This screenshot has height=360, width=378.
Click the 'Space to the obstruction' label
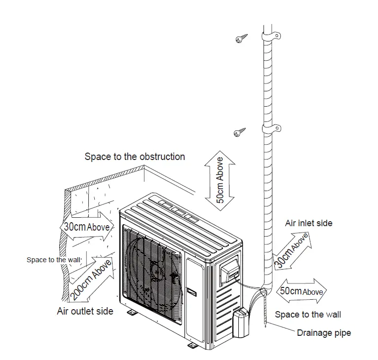pyautogui.click(x=135, y=157)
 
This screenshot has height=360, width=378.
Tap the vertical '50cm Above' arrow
pyautogui.click(x=220, y=180)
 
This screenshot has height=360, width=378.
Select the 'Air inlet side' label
pyautogui.click(x=308, y=223)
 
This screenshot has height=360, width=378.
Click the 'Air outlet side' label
pyautogui.click(x=85, y=311)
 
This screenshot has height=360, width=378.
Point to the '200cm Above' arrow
pyautogui.click(x=91, y=279)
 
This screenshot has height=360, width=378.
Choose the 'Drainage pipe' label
pyautogui.click(x=324, y=333)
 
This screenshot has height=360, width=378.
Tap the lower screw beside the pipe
pyautogui.click(x=240, y=132)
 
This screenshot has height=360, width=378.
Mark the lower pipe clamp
pyautogui.click(x=271, y=129)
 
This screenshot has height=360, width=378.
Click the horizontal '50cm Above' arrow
pyautogui.click(x=301, y=291)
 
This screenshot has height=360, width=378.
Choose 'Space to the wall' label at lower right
pyautogui.click(x=308, y=315)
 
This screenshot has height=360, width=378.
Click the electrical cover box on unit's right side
pyautogui.click(x=228, y=270)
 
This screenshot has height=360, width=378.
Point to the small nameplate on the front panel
pyautogui.click(x=191, y=291)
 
